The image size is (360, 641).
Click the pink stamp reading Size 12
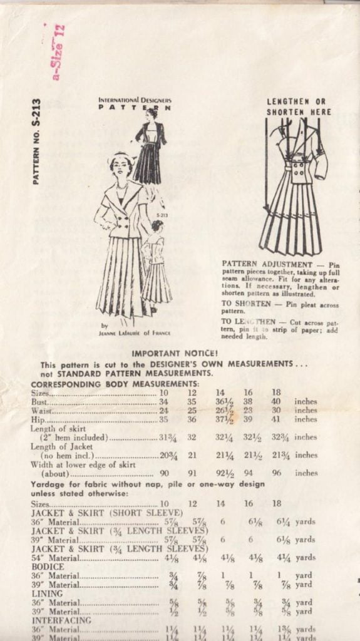click(58, 53)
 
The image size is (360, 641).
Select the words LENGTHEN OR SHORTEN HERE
click(298, 106)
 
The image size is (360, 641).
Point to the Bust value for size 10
click(164, 401)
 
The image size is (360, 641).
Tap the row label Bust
click(41, 401)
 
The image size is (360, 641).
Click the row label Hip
click(39, 420)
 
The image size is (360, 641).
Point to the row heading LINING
click(47, 593)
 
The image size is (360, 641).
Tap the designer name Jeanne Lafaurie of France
click(135, 332)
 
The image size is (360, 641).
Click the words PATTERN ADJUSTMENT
click(258, 264)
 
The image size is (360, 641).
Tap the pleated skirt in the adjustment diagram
click(291, 219)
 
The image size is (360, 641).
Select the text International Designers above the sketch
click(135, 100)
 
